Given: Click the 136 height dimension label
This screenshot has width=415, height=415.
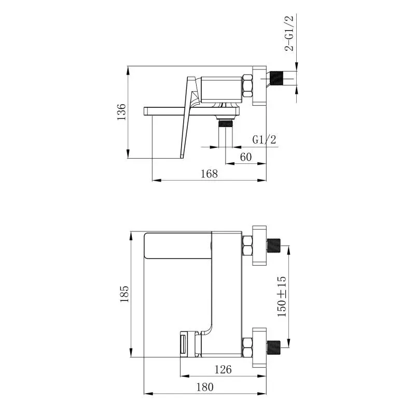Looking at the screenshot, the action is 122,112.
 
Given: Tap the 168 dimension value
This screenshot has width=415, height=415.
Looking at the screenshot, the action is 209,174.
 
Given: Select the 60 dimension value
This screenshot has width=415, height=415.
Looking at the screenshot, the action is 245,157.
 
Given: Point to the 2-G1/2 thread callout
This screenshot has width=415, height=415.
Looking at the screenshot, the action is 289,33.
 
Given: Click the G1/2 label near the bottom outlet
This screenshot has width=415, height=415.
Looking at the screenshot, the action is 264,140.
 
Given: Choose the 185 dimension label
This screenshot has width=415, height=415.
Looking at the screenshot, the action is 124,294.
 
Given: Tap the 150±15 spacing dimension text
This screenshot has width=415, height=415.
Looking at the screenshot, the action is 282,296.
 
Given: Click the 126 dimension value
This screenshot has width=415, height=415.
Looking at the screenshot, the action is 223,369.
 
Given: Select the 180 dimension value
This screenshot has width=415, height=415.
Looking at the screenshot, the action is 204,387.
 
